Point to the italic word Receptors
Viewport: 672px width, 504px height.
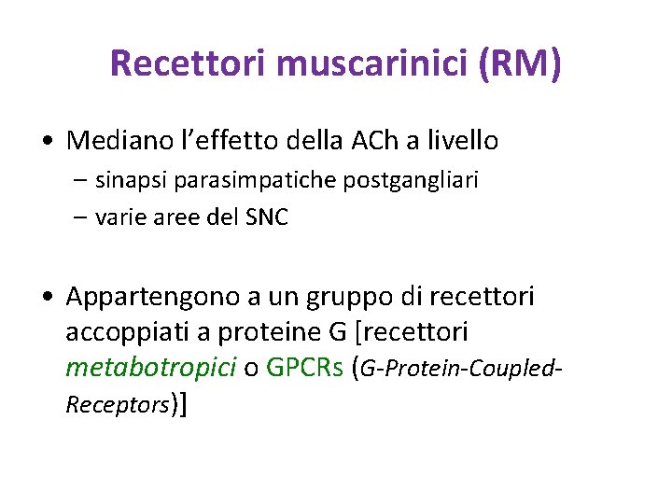[118, 405]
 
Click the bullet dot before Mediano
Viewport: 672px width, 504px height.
[47, 143]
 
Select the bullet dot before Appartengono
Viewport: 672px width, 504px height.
[47, 299]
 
